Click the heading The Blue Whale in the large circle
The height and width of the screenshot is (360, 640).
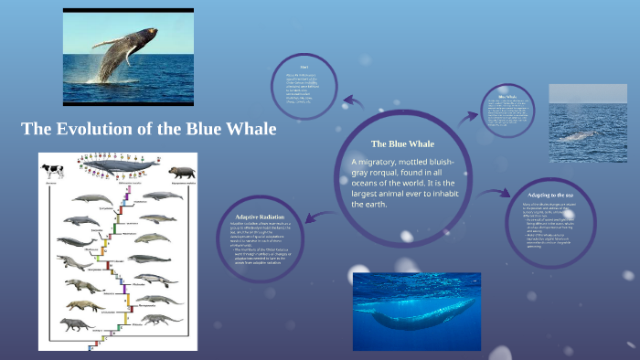tap(402, 143)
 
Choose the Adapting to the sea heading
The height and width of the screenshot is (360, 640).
tap(549, 195)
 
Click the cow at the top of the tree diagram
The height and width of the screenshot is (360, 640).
tap(51, 170)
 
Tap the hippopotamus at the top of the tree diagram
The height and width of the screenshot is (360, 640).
tap(180, 171)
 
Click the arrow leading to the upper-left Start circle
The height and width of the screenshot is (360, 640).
tap(352, 101)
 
